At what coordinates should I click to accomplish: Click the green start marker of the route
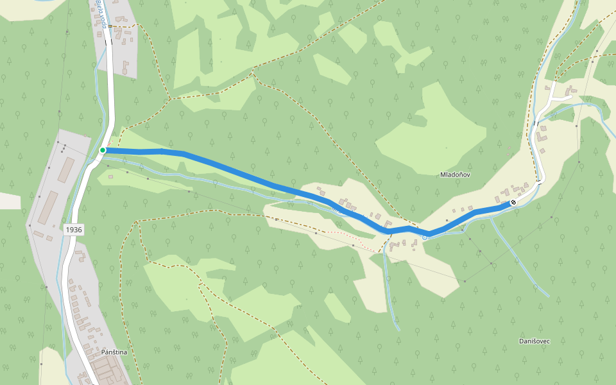103,150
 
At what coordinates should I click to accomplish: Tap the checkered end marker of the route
513,203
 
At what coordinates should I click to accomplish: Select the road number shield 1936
74,229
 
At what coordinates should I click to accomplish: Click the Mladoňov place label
456,175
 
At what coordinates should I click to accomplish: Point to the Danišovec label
535,341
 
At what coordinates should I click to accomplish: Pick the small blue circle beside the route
424,237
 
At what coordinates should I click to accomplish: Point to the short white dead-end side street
560,97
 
